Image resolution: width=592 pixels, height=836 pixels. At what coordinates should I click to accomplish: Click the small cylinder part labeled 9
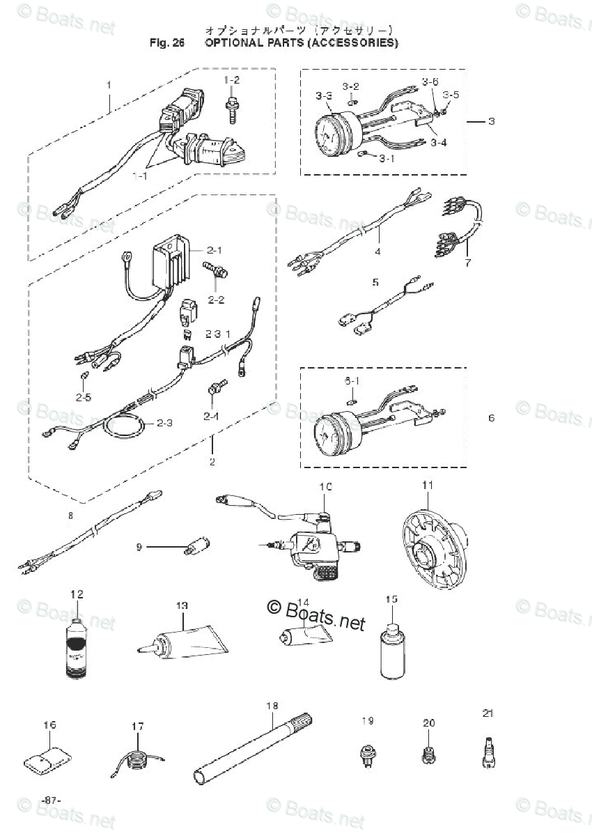pos(198,545)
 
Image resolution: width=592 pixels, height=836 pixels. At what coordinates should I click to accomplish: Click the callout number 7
pos(468,263)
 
